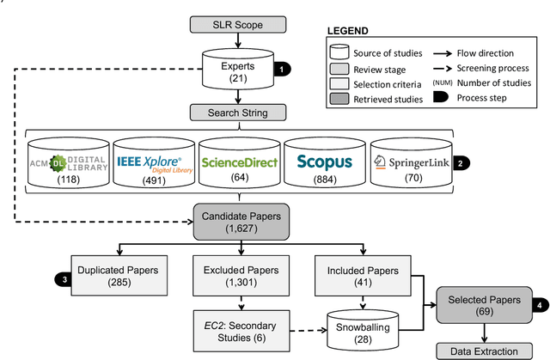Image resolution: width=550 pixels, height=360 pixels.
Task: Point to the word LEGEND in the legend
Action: pyautogui.click(x=352, y=31)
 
